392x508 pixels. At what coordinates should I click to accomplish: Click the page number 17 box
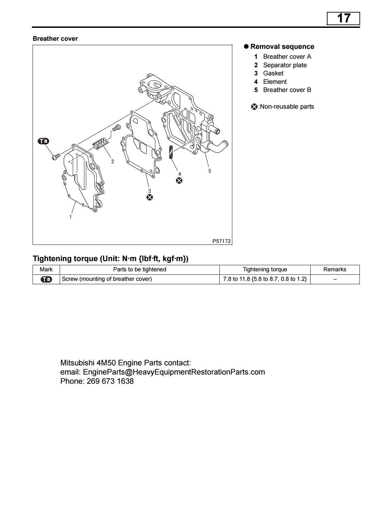pos(343,18)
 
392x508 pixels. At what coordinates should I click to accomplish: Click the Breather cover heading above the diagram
pos(55,39)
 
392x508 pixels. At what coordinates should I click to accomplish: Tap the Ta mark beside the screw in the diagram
pos(43,141)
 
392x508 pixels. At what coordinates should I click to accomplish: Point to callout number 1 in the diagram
pos(71,216)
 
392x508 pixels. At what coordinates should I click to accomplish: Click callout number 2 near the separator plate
pos(113,162)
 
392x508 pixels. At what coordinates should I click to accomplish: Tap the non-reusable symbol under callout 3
pos(149,197)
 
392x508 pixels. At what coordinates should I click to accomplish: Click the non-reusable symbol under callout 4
pos(179,180)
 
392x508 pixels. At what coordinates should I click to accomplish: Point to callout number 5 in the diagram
pos(210,171)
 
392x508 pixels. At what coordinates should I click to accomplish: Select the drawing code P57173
pos(221,241)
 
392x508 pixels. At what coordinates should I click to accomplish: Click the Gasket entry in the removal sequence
pos(273,73)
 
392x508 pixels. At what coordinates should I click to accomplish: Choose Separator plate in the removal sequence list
pos(285,65)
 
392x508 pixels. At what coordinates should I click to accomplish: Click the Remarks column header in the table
pos(335,270)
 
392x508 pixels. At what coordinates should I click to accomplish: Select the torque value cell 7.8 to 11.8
pos(265,279)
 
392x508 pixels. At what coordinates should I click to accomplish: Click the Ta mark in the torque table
pos(46,279)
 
